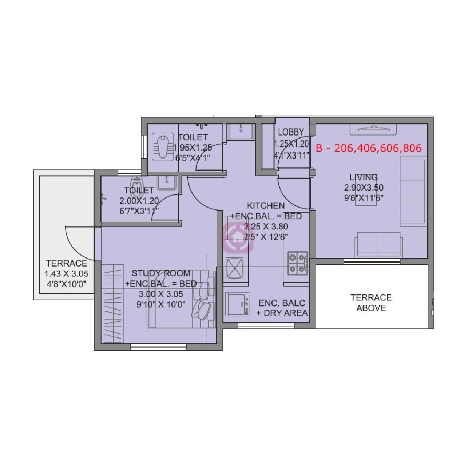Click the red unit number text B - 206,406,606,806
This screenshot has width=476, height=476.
pyautogui.click(x=369, y=148)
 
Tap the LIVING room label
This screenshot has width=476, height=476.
pyautogui.click(x=364, y=177)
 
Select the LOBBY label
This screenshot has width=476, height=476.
pyautogui.click(x=291, y=132)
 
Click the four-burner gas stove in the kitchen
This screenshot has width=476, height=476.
pyautogui.click(x=298, y=263)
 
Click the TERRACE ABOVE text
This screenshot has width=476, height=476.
pyautogui.click(x=371, y=303)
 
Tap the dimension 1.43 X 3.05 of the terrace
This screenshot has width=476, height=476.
pyautogui.click(x=66, y=274)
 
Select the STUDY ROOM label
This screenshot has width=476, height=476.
pyautogui.click(x=161, y=273)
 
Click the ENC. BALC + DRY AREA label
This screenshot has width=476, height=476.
pyautogui.click(x=282, y=308)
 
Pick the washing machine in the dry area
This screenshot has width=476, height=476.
pyautogui.click(x=237, y=304)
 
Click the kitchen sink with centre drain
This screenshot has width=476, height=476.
pyautogui.click(x=235, y=268)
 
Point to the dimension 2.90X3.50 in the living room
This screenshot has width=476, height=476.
pyautogui.click(x=364, y=188)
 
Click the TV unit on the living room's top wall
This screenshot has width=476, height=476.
pyautogui.click(x=373, y=129)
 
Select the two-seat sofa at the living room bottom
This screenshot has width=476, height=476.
pyautogui.click(x=379, y=244)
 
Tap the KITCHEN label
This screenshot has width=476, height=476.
pyautogui.click(x=266, y=206)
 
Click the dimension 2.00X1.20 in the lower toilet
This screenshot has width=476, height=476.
pyautogui.click(x=139, y=201)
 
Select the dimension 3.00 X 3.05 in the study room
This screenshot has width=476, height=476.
pyautogui.click(x=161, y=294)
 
